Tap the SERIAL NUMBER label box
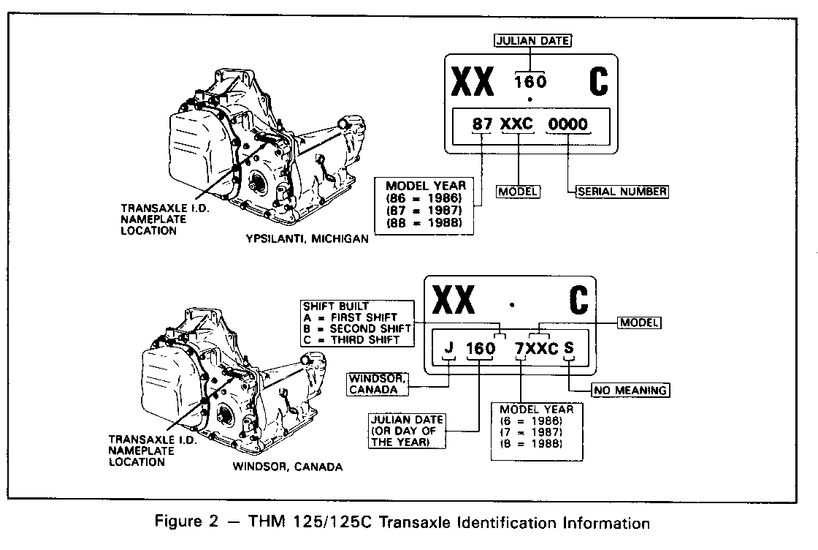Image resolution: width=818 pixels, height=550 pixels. coord(622,192)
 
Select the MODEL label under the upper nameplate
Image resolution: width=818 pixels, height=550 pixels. coord(518,192)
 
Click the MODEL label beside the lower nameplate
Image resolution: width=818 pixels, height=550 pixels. coord(640,322)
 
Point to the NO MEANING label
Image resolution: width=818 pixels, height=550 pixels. coord(630,390)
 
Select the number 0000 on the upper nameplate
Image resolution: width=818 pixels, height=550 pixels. coord(567,124)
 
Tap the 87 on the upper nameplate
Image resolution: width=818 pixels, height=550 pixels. coord(483,124)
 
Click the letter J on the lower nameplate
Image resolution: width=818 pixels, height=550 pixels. coord(449,348)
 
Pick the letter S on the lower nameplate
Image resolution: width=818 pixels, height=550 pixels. coord(570,348)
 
